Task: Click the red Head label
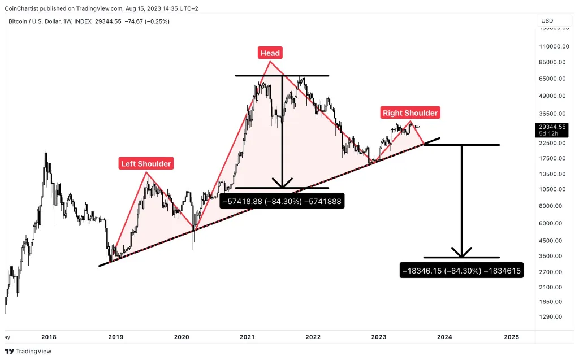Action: coord(270,53)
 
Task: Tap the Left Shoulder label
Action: coord(146,164)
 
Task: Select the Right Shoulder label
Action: coord(410,113)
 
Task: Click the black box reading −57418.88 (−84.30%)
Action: coord(282,201)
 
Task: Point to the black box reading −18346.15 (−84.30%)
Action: coord(461,271)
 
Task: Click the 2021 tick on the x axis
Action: coord(247,337)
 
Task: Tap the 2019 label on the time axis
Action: coord(115,337)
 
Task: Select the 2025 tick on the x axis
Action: coord(511,337)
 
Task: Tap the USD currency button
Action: coord(547,21)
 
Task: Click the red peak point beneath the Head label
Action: coord(270,61)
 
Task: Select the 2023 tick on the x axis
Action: coord(379,337)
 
